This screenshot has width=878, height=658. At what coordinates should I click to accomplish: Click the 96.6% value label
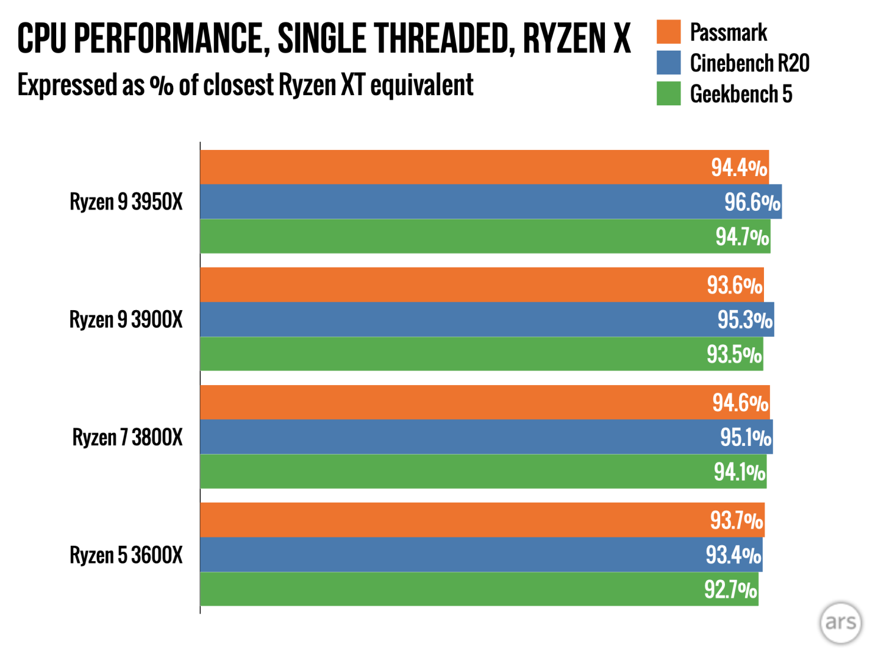tap(752, 202)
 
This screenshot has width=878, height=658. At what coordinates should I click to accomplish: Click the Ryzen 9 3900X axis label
tap(126, 320)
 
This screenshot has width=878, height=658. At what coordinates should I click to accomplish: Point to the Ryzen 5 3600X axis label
tap(126, 555)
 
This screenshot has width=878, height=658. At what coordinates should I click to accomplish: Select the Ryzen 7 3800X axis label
tap(127, 437)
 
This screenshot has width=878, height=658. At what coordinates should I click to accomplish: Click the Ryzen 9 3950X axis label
tap(126, 202)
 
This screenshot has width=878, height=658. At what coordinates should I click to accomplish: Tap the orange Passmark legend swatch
tap(668, 32)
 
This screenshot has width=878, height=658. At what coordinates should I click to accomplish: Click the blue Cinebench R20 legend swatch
tap(668, 63)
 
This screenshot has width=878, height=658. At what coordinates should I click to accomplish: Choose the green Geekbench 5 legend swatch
tap(668, 94)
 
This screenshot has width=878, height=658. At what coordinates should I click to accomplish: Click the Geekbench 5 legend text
tap(741, 94)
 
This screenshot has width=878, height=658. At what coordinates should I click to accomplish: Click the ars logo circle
tap(841, 622)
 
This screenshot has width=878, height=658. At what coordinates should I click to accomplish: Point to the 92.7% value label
tap(730, 590)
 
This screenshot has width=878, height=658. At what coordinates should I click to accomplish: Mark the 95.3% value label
tap(744, 320)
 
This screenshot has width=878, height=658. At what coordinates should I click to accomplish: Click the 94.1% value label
tap(740, 472)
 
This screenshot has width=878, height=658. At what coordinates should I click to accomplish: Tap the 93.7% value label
tap(736, 520)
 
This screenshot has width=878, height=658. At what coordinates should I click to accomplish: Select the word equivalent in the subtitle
tap(422, 85)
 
